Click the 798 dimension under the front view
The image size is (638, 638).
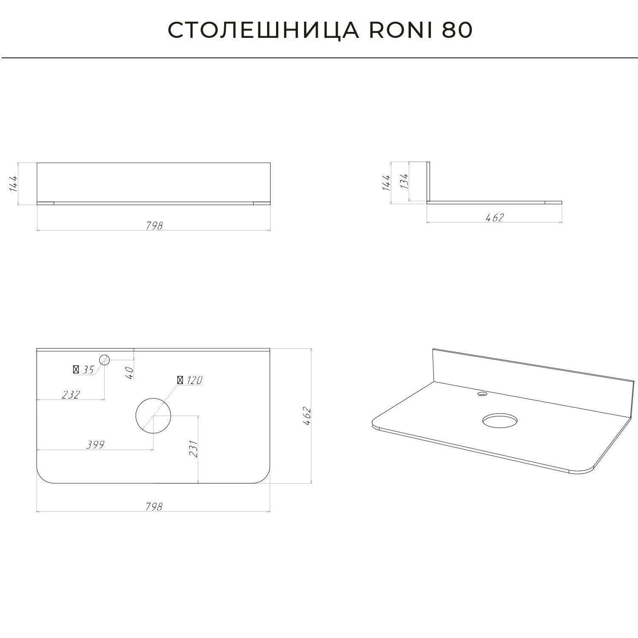pyautogui.click(x=154, y=225)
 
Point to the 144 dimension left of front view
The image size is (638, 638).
pyautogui.click(x=14, y=183)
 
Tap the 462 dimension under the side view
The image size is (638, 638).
pyautogui.click(x=495, y=217)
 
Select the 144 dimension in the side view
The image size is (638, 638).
pyautogui.click(x=386, y=182)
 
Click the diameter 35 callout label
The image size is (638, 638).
pyautogui.click(x=84, y=370)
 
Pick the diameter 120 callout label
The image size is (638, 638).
pyautogui.click(x=190, y=380)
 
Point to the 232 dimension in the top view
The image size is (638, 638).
pyautogui.click(x=71, y=395)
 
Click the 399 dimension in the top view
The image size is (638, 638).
pyautogui.click(x=95, y=445)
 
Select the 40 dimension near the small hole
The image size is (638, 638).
pyautogui.click(x=130, y=373)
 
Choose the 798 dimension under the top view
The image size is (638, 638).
pyautogui.click(x=154, y=507)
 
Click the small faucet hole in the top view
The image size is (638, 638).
pyautogui.click(x=105, y=360)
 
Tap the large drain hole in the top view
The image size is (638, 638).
pyautogui.click(x=153, y=416)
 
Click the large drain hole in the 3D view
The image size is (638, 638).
pyautogui.click(x=501, y=421)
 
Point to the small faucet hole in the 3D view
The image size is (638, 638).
pyautogui.click(x=482, y=394)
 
